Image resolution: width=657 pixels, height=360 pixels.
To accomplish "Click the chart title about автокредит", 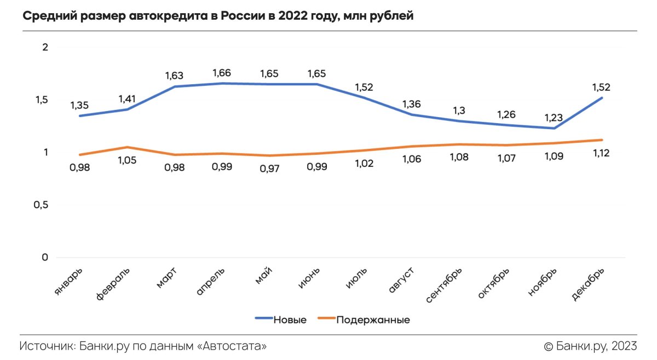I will tap(218, 16).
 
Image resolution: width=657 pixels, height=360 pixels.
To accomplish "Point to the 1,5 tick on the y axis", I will tap(42, 100).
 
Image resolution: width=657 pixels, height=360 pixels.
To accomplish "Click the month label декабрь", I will tap(589, 283).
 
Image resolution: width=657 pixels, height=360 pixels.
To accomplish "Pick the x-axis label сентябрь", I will tap(445, 285).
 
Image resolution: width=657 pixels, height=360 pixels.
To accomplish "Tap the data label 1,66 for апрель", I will tap(222, 73).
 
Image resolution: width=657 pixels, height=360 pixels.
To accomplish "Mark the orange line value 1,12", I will tap(601, 153).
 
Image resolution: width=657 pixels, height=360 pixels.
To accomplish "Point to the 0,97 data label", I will tap(269, 169).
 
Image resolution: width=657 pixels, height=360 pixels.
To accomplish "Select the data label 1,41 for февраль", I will tap(126, 99).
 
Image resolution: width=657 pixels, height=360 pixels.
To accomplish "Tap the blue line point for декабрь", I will tap(602, 98).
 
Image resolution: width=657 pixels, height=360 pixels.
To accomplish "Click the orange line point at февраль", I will tap(126, 147).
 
